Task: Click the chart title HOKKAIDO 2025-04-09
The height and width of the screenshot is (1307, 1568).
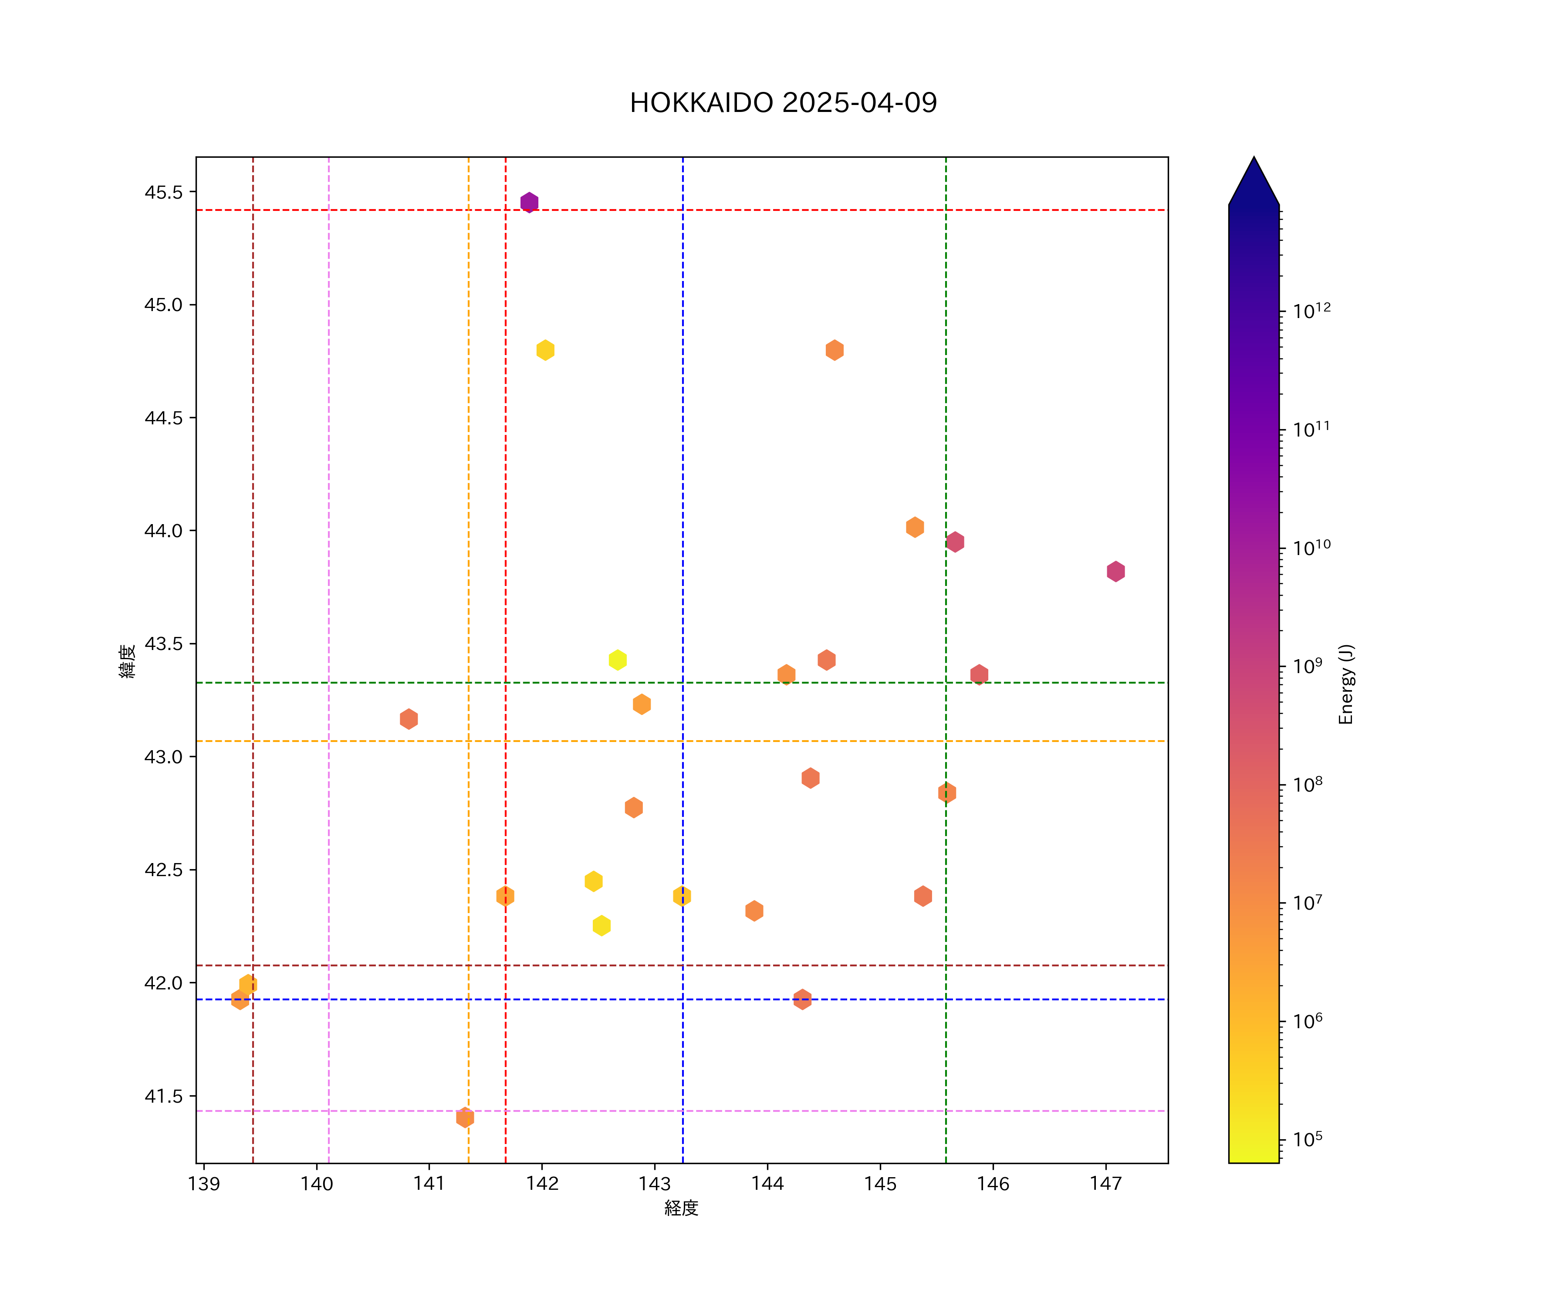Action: [x=783, y=103]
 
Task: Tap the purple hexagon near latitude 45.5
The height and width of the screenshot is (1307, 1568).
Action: [x=529, y=203]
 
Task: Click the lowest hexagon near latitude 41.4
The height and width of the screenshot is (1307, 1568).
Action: [x=464, y=1117]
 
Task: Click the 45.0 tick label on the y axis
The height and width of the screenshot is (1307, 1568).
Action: [x=163, y=305]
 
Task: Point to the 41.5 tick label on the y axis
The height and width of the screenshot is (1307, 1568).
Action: [x=163, y=1097]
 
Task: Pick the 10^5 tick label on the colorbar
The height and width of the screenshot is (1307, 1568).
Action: [x=1308, y=1140]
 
